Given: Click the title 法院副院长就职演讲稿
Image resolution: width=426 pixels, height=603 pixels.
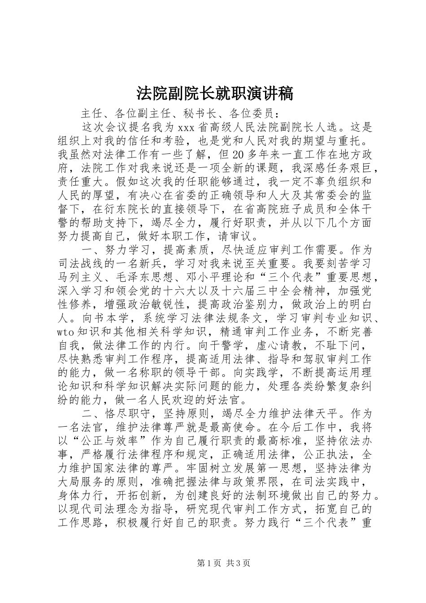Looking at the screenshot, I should pos(214,94).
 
